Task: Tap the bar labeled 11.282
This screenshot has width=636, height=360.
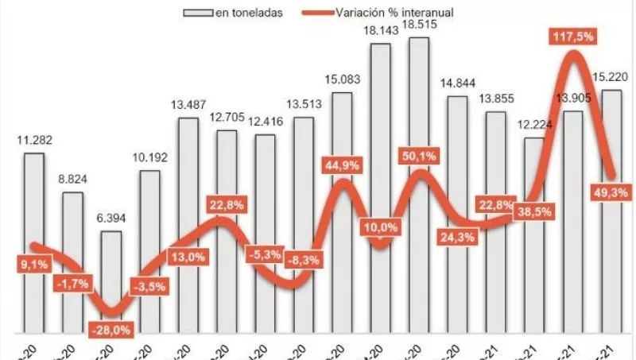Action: (34, 238)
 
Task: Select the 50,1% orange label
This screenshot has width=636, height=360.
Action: (420, 157)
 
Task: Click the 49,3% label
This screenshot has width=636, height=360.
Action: (610, 192)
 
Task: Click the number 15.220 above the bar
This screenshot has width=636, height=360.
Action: (611, 77)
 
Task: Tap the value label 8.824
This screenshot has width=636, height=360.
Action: (73, 180)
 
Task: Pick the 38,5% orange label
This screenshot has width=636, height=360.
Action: (534, 212)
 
